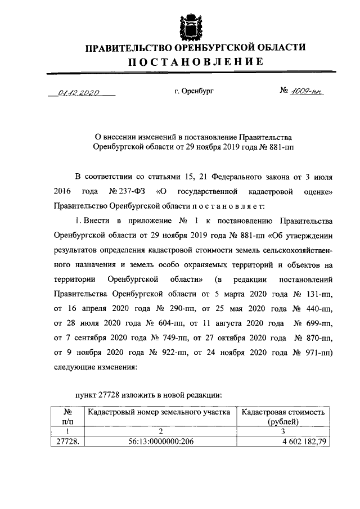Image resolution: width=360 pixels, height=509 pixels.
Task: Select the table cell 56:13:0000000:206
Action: click(x=160, y=442)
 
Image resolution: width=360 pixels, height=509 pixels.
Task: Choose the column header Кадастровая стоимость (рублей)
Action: click(x=283, y=416)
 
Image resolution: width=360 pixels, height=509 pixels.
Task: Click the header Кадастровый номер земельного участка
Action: click(x=160, y=412)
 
